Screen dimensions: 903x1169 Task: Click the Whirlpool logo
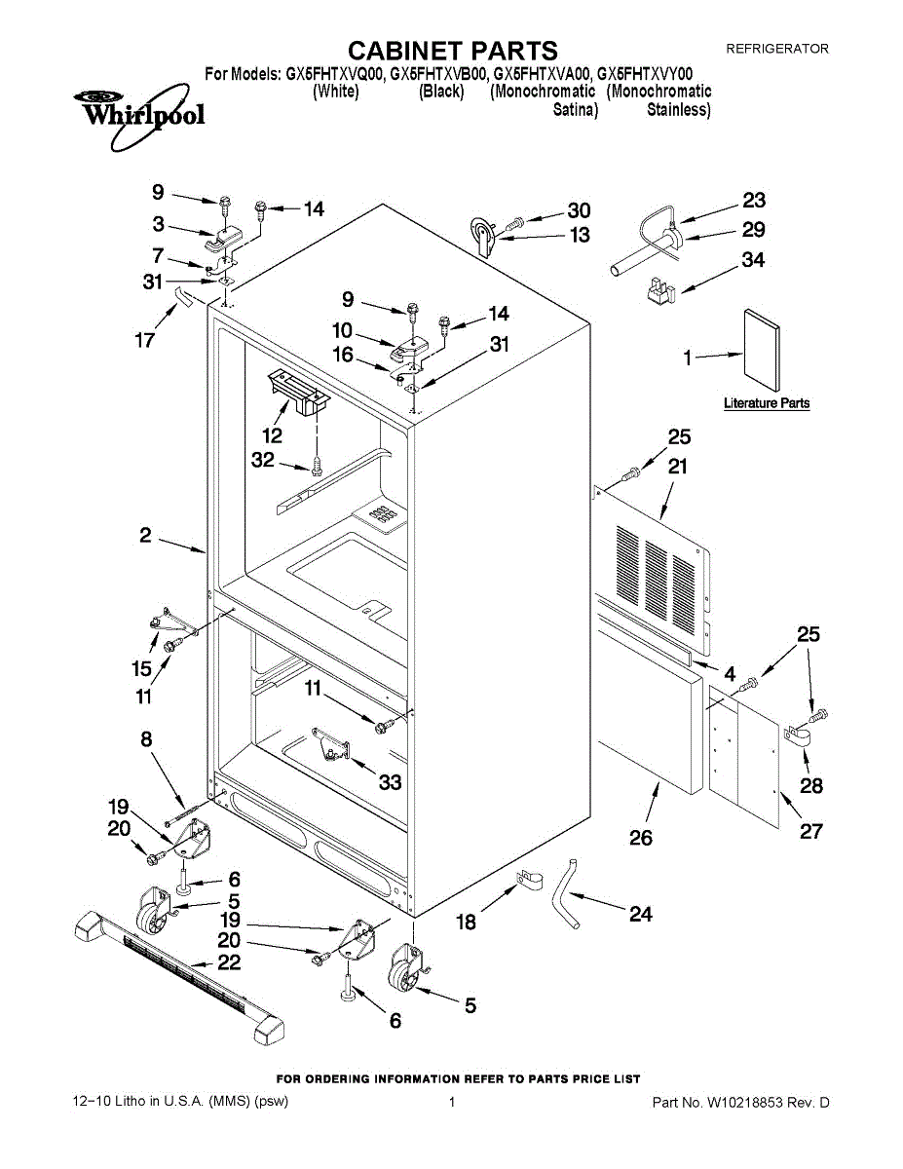[x=138, y=115]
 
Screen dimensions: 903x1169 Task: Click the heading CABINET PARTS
[x=452, y=51]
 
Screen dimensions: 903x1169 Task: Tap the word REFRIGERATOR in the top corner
[x=777, y=49]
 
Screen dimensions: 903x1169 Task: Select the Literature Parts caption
[x=767, y=403]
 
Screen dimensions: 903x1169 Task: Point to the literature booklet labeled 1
[x=761, y=351]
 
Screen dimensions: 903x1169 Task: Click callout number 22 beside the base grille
[x=229, y=962]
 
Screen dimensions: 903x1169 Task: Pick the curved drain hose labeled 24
[x=565, y=894]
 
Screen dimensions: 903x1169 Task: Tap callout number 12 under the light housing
[x=272, y=434]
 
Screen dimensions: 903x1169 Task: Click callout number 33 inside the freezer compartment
[x=390, y=782]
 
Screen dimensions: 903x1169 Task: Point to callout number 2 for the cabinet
[x=145, y=535]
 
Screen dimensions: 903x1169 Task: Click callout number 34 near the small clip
[x=753, y=260]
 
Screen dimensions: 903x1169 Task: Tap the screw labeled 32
[x=317, y=466]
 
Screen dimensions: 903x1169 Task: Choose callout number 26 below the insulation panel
[x=641, y=838]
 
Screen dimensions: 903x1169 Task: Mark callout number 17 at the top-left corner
[x=145, y=340]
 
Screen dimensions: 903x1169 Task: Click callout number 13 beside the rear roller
[x=580, y=235]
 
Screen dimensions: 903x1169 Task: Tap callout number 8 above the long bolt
[x=146, y=739]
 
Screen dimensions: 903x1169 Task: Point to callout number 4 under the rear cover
[x=730, y=673]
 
